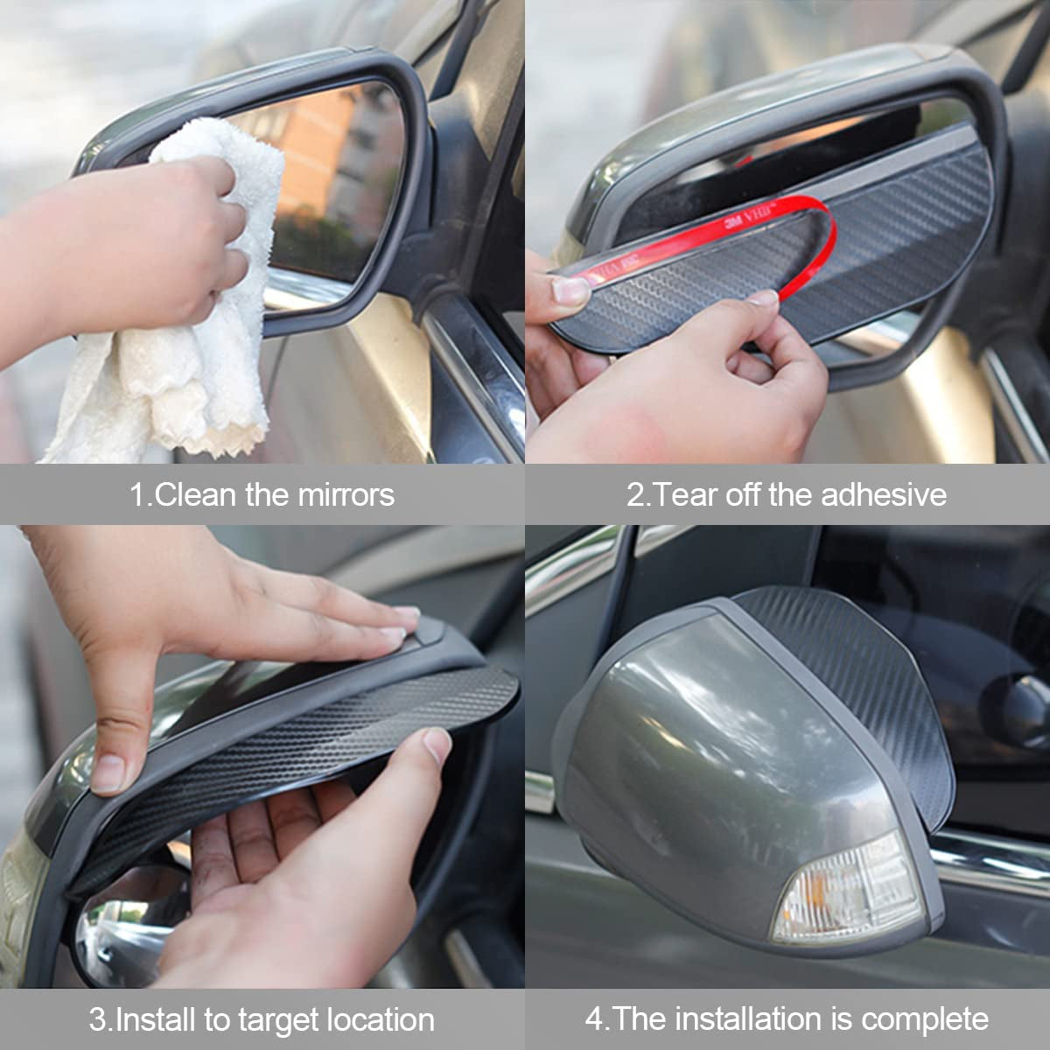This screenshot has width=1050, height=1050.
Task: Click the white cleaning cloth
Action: (175, 350)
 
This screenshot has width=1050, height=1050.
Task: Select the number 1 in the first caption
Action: (136, 494)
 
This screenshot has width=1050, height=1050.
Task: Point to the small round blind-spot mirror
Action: (122, 927)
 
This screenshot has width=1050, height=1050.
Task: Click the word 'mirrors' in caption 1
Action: (346, 494)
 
